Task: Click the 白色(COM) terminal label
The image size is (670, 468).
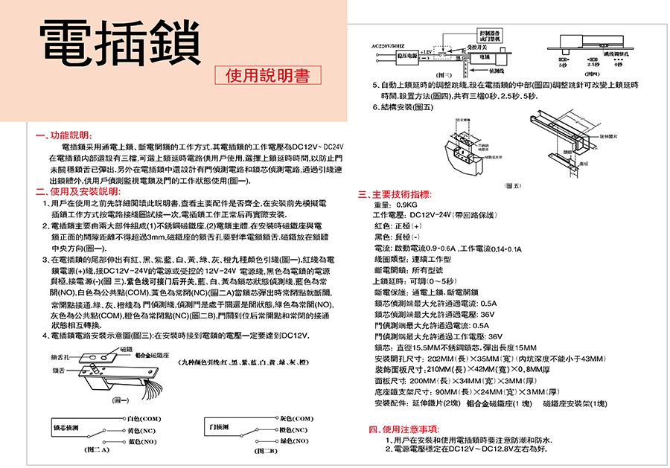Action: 145,419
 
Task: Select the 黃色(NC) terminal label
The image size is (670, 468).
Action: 141,430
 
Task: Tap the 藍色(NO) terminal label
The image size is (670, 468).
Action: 141,441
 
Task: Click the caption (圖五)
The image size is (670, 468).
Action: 512,185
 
